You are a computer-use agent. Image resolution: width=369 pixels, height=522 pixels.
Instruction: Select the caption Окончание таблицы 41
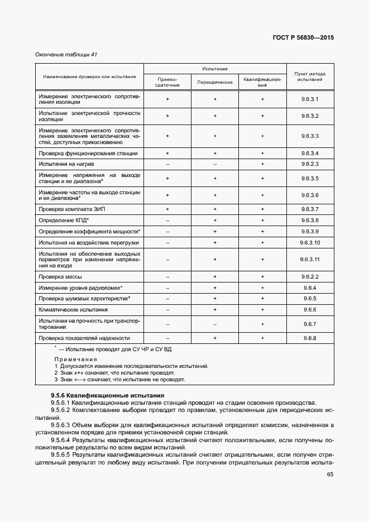pos(66,54)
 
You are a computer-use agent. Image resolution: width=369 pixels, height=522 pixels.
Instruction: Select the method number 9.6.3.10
pos(309,242)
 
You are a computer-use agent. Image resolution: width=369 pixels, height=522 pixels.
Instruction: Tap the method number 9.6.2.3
pos(309,164)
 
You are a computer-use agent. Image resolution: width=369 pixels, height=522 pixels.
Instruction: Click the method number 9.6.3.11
pos(309,260)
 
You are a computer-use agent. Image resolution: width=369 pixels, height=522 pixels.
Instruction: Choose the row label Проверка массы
pos(61,277)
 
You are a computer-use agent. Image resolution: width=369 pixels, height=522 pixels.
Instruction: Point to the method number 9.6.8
pos(309,338)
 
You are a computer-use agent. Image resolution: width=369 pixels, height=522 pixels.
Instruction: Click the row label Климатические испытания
pos(73,309)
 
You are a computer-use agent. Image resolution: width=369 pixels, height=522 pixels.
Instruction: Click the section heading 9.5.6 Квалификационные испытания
pos(104,395)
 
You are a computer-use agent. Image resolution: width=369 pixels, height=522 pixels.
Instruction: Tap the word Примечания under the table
pos(75,359)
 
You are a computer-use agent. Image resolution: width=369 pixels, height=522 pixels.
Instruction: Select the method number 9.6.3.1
pos(309,99)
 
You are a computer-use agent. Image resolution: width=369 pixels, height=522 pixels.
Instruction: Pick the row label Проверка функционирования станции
pos(88,153)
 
